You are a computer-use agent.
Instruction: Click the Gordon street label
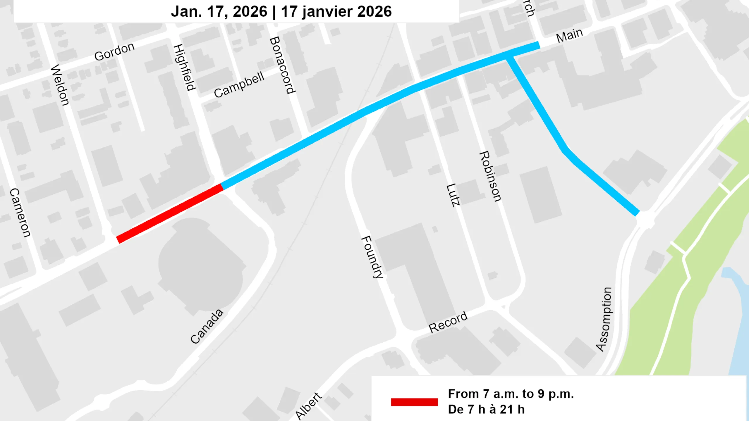[x=114, y=52]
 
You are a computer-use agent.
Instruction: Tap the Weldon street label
[x=60, y=85]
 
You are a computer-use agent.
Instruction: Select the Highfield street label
[x=184, y=68]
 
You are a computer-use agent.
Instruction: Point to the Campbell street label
[x=239, y=85]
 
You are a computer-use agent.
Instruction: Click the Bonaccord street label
[x=282, y=65]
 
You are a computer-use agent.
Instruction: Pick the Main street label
[x=569, y=36]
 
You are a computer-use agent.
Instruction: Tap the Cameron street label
[x=20, y=213]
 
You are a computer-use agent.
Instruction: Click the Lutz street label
[x=453, y=195]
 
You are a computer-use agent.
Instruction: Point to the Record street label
[x=448, y=322]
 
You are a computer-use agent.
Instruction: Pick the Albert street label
[x=308, y=406]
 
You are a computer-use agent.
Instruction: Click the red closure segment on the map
[x=170, y=213]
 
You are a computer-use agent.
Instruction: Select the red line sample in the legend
[x=414, y=402]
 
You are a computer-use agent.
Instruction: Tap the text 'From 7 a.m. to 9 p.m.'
[x=511, y=394]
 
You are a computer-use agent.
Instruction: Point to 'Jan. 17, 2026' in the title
[x=219, y=12]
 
